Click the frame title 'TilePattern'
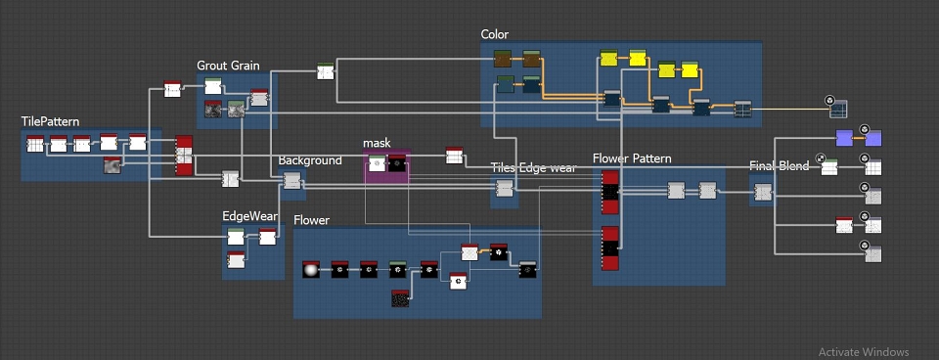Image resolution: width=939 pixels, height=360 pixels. pos(50,121)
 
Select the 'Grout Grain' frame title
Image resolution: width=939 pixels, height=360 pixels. pos(228,66)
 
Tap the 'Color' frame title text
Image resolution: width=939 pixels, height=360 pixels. pos(495,35)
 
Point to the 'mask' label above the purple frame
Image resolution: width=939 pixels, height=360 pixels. pos(377,143)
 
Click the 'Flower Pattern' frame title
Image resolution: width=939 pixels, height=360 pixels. pos(632,158)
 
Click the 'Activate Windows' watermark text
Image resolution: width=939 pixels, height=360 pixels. pos(864,352)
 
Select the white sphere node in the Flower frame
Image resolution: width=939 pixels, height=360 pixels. pos(311,270)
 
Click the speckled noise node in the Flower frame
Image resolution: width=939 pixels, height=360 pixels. pos(400,298)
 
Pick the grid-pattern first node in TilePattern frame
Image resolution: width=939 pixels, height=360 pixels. pos(35,144)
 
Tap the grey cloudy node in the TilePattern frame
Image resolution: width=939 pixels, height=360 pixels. pos(112,166)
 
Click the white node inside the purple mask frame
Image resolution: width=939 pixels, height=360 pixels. pos(377,163)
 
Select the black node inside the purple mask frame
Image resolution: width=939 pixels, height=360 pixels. pos(396,163)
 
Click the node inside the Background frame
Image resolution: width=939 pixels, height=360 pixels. pos(291,180)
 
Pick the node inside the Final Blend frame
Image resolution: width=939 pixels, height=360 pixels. pos(762,193)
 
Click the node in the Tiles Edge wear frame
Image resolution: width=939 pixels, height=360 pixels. pos(505,188)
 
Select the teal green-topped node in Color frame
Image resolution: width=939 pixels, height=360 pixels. pos(506,84)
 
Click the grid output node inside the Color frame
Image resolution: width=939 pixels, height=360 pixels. pos(742,109)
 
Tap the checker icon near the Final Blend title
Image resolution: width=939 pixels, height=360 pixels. pos(821,158)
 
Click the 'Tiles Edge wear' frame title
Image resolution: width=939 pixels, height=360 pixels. pos(534,167)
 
